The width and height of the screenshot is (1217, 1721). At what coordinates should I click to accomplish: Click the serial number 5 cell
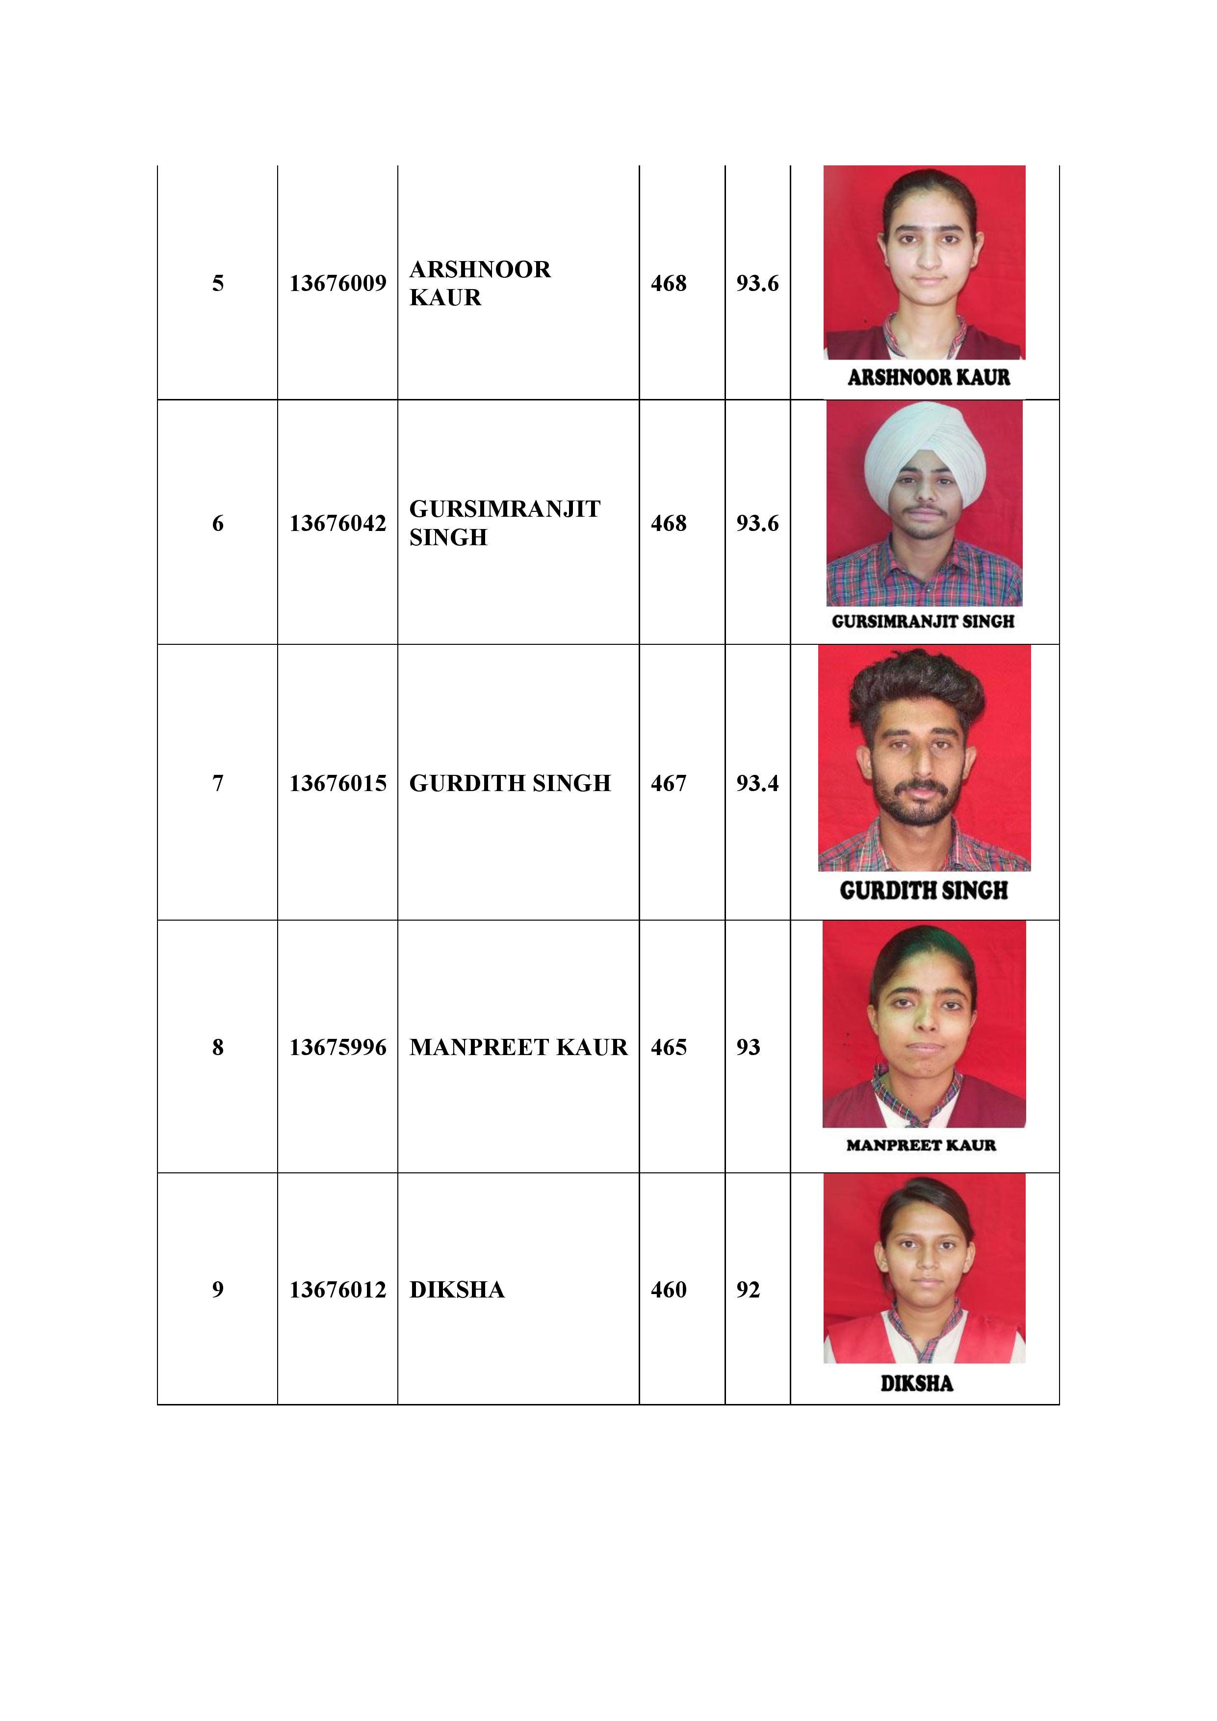coord(217,283)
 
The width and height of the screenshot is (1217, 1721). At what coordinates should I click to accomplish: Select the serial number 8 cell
coord(217,1047)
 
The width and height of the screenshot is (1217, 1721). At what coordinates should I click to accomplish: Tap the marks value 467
coord(669,783)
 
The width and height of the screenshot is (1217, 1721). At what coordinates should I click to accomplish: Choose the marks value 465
coord(669,1047)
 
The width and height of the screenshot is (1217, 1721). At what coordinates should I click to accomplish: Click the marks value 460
coord(669,1289)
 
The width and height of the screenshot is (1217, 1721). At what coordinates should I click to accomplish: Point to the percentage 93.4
coord(757,783)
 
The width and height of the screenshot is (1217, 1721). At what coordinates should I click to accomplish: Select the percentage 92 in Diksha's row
coord(748,1289)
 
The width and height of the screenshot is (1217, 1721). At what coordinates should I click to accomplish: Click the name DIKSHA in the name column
coord(457,1289)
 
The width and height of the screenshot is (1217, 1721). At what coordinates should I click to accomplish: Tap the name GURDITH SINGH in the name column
coord(510,783)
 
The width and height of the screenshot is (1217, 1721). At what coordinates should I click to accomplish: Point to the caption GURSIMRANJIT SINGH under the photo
coord(923,621)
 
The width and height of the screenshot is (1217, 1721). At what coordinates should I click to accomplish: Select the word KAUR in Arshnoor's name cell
coord(445,297)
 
